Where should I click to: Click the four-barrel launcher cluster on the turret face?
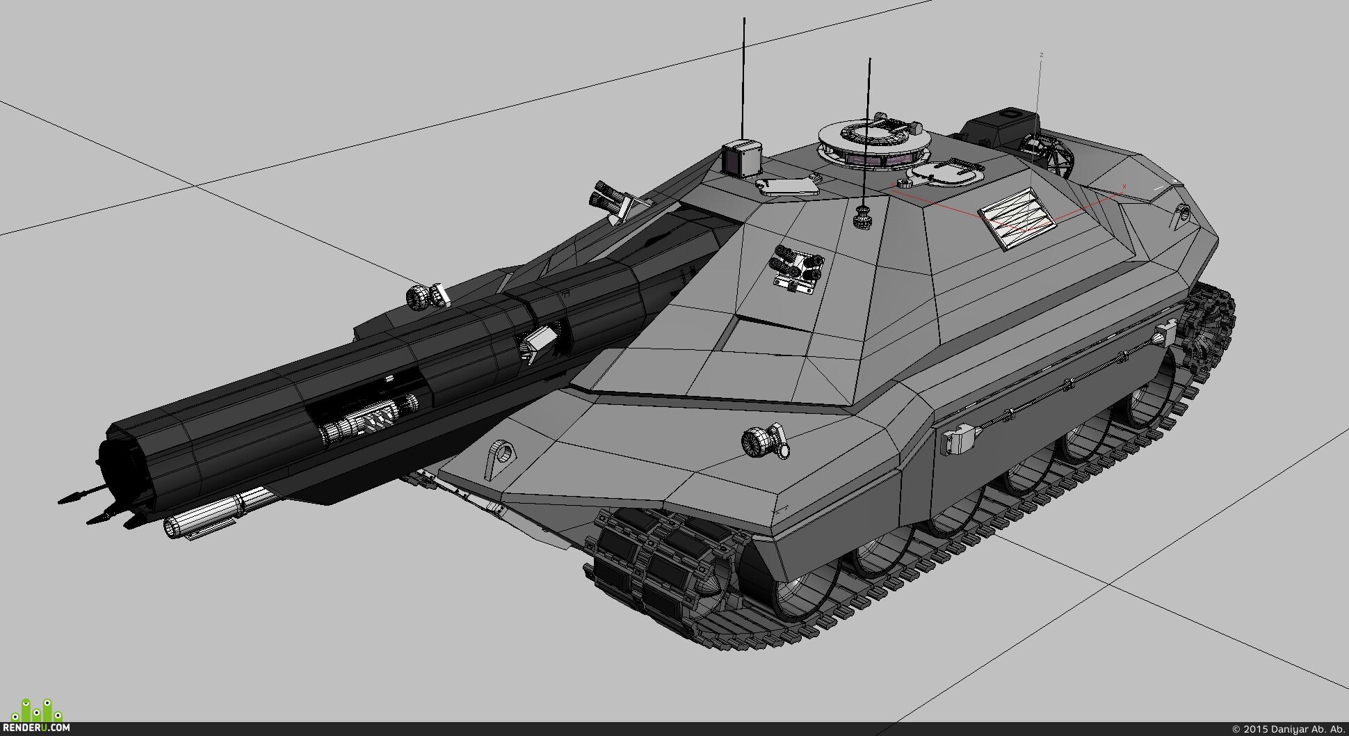point(798,269)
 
